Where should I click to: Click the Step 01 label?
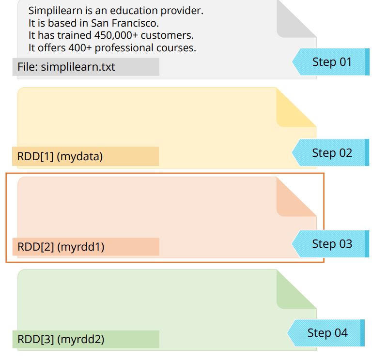click(332, 62)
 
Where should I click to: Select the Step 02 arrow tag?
click(332, 153)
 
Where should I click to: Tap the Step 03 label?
click(332, 243)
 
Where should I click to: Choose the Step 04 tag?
click(327, 333)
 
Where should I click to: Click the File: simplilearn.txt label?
click(66, 67)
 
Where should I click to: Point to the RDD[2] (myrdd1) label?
click(61, 247)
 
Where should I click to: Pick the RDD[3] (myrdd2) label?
click(61, 339)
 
